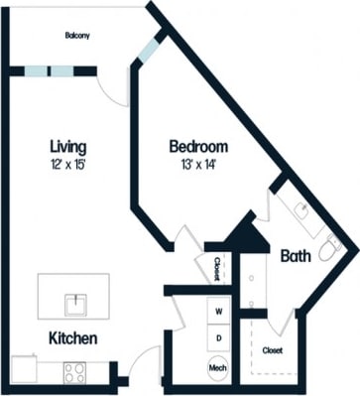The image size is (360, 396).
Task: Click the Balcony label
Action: point(77,37)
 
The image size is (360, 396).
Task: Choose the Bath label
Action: point(295,255)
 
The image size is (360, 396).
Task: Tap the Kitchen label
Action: point(73,338)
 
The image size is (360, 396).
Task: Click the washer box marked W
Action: point(219,312)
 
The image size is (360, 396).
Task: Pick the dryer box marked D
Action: point(219,337)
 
